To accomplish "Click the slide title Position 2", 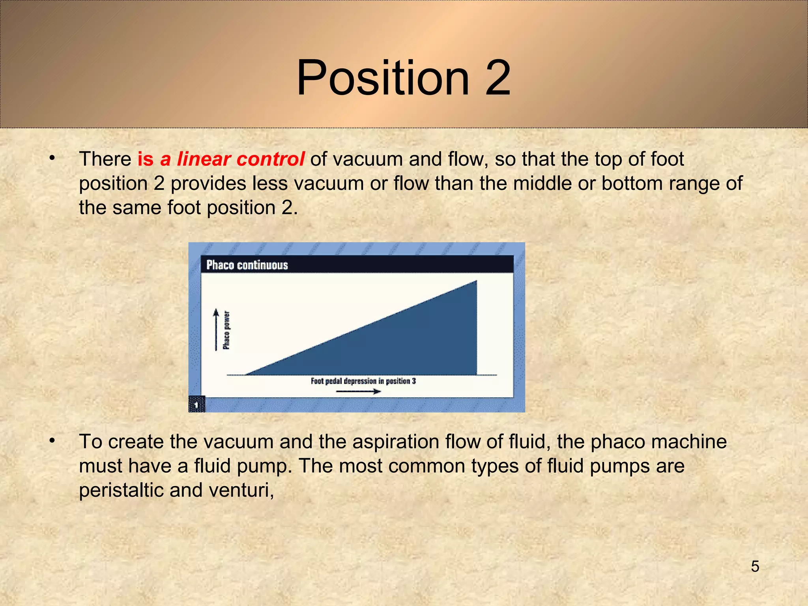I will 403,78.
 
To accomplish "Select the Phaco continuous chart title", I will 247,265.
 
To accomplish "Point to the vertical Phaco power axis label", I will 226,330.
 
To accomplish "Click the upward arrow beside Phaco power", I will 216,329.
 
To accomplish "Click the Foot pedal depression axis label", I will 363,381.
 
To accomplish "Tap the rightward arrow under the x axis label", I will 358,391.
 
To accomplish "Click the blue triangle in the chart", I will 414,343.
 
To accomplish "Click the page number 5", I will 755,567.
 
